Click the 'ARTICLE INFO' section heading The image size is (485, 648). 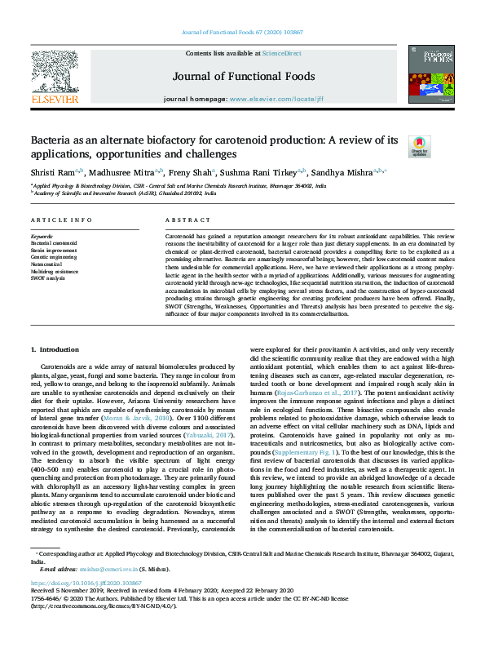(x=61, y=221)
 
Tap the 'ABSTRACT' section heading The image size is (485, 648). (x=188, y=221)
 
